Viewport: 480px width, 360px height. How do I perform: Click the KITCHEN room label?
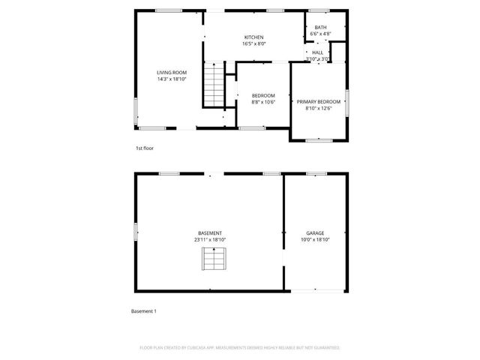(x=254, y=37)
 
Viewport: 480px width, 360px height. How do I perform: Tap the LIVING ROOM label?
(x=171, y=72)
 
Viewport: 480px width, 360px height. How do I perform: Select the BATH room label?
(x=320, y=27)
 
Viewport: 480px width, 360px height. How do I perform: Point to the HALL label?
(x=317, y=52)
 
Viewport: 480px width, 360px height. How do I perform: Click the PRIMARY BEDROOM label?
(x=318, y=101)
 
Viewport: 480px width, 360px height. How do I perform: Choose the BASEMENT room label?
(x=210, y=232)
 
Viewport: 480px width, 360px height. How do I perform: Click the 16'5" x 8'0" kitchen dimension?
(x=254, y=44)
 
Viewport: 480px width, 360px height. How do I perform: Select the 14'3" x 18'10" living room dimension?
(x=171, y=79)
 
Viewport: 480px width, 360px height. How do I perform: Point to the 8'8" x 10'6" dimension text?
(x=263, y=102)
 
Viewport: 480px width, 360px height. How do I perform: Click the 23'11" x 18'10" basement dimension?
(x=210, y=239)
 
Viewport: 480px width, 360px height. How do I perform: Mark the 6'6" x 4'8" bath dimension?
(x=320, y=34)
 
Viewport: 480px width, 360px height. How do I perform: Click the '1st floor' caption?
(x=144, y=148)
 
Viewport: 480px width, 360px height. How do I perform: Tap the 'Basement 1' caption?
(x=143, y=310)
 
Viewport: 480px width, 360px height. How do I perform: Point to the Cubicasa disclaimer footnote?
(x=240, y=348)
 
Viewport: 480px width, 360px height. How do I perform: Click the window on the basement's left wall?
(x=136, y=233)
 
